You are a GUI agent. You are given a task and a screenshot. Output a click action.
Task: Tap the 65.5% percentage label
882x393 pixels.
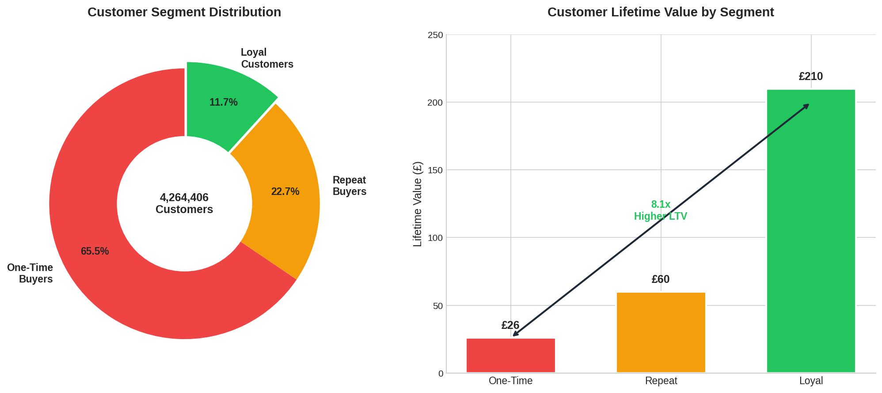point(95,252)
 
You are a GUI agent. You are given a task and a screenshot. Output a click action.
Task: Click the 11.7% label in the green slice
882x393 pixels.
point(223,103)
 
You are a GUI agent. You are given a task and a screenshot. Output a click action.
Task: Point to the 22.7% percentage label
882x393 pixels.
point(285,192)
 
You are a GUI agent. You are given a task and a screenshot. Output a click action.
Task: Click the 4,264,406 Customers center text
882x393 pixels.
point(184,204)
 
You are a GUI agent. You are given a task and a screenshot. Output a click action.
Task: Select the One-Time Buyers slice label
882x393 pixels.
point(30,274)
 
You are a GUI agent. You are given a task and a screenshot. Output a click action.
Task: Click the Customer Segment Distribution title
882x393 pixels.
point(184,12)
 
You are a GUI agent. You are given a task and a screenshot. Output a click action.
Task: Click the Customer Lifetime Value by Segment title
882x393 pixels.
point(661,12)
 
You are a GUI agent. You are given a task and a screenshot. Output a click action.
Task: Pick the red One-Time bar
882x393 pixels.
point(510,356)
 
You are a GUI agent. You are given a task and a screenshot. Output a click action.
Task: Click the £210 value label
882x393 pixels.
point(811,77)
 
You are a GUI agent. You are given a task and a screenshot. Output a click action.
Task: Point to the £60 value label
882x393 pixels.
point(661,280)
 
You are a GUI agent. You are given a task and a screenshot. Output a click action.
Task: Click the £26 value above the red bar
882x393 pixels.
point(510,326)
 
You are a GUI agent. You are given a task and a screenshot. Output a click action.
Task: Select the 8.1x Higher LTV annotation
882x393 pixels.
point(661,211)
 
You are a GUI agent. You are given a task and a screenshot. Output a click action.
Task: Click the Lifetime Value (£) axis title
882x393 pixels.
point(418,204)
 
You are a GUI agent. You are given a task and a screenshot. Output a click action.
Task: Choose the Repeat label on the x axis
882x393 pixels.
point(661,381)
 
